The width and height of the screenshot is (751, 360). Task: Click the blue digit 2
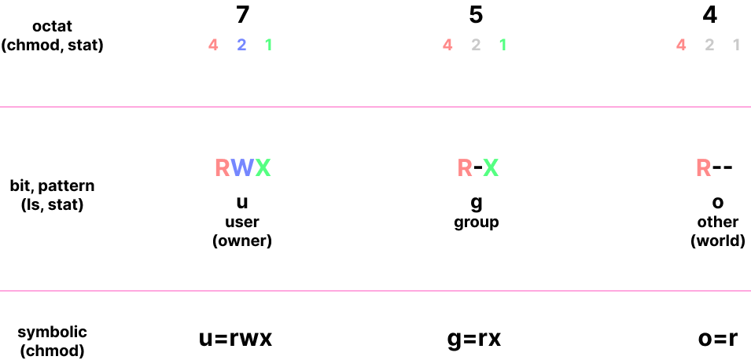tap(241, 45)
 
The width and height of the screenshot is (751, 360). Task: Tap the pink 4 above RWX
tap(213, 45)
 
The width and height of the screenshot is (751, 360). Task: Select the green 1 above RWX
tap(268, 45)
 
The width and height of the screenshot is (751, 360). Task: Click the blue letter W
tap(242, 167)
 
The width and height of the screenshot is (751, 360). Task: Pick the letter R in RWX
tap(222, 167)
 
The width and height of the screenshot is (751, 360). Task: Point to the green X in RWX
tap(263, 167)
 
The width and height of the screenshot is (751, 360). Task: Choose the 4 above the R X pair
tap(447, 45)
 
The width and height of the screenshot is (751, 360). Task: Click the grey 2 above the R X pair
tap(476, 45)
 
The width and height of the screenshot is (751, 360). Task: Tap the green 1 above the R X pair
tap(503, 45)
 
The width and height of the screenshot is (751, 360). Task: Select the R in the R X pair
tap(465, 167)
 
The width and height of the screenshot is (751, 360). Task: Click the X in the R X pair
tap(491, 167)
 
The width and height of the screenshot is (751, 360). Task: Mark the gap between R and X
tap(478, 167)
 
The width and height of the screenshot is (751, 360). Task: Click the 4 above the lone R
tap(681, 45)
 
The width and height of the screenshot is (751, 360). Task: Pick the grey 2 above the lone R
tap(709, 45)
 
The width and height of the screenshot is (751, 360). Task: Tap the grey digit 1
tap(736, 45)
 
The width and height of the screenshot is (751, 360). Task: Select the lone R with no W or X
tap(703, 167)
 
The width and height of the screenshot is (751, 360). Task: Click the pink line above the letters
tap(375, 106)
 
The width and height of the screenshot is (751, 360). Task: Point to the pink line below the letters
tap(375, 291)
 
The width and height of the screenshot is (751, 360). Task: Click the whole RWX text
tap(242, 167)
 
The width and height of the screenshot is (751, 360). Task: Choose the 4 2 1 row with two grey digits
tap(709, 45)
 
